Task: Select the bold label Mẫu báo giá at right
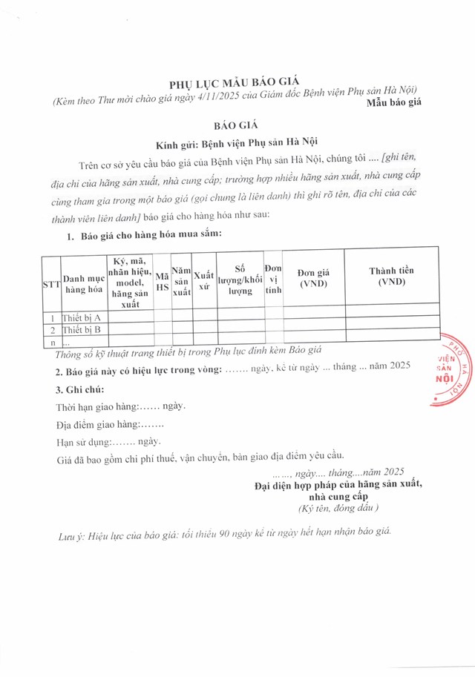click(x=394, y=102)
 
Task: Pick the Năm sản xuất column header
click(x=181, y=283)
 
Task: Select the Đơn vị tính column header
click(x=273, y=281)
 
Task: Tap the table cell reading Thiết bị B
click(x=82, y=330)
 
